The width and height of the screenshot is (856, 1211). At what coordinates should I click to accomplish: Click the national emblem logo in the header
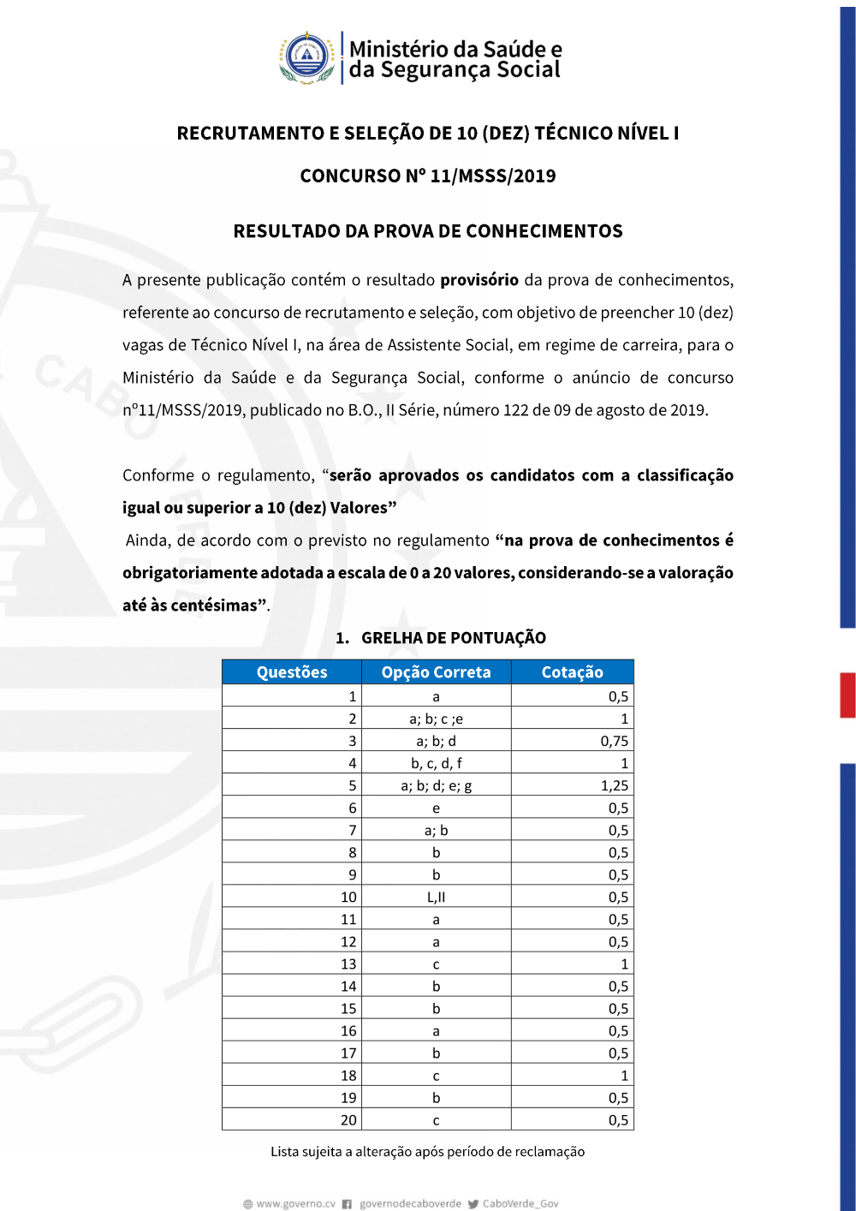point(306,57)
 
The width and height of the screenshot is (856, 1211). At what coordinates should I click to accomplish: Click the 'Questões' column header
point(292,672)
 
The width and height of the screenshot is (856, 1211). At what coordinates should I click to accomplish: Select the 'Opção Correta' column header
point(436,672)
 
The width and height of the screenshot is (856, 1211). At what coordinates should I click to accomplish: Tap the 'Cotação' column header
point(572,672)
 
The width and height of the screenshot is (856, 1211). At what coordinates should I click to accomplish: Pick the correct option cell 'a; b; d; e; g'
point(436,785)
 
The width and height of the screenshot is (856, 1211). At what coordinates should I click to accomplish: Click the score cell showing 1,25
point(614,785)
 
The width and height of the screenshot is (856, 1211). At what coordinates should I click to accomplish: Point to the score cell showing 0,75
point(614,741)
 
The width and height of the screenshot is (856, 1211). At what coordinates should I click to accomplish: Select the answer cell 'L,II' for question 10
point(436,897)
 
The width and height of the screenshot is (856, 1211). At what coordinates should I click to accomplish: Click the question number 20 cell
point(348,1120)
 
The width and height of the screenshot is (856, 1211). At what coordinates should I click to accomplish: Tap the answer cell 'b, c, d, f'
point(436,763)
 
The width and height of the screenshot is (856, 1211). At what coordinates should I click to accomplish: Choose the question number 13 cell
point(348,964)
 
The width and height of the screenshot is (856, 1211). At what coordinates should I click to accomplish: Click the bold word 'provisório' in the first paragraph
point(479,280)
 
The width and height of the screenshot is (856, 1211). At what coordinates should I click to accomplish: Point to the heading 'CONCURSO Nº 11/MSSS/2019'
point(428,176)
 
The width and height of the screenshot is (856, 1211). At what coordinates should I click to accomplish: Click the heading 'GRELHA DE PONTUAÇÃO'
point(453,638)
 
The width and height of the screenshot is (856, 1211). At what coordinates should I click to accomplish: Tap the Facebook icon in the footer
point(347,1204)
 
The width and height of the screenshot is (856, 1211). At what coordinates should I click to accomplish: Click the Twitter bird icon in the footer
point(473,1204)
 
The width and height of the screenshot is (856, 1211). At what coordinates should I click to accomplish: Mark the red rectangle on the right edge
point(847,695)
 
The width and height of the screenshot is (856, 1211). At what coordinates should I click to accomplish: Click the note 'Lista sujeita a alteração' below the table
point(427,1152)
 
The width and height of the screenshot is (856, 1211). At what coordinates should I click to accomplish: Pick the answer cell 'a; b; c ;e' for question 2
point(436,719)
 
